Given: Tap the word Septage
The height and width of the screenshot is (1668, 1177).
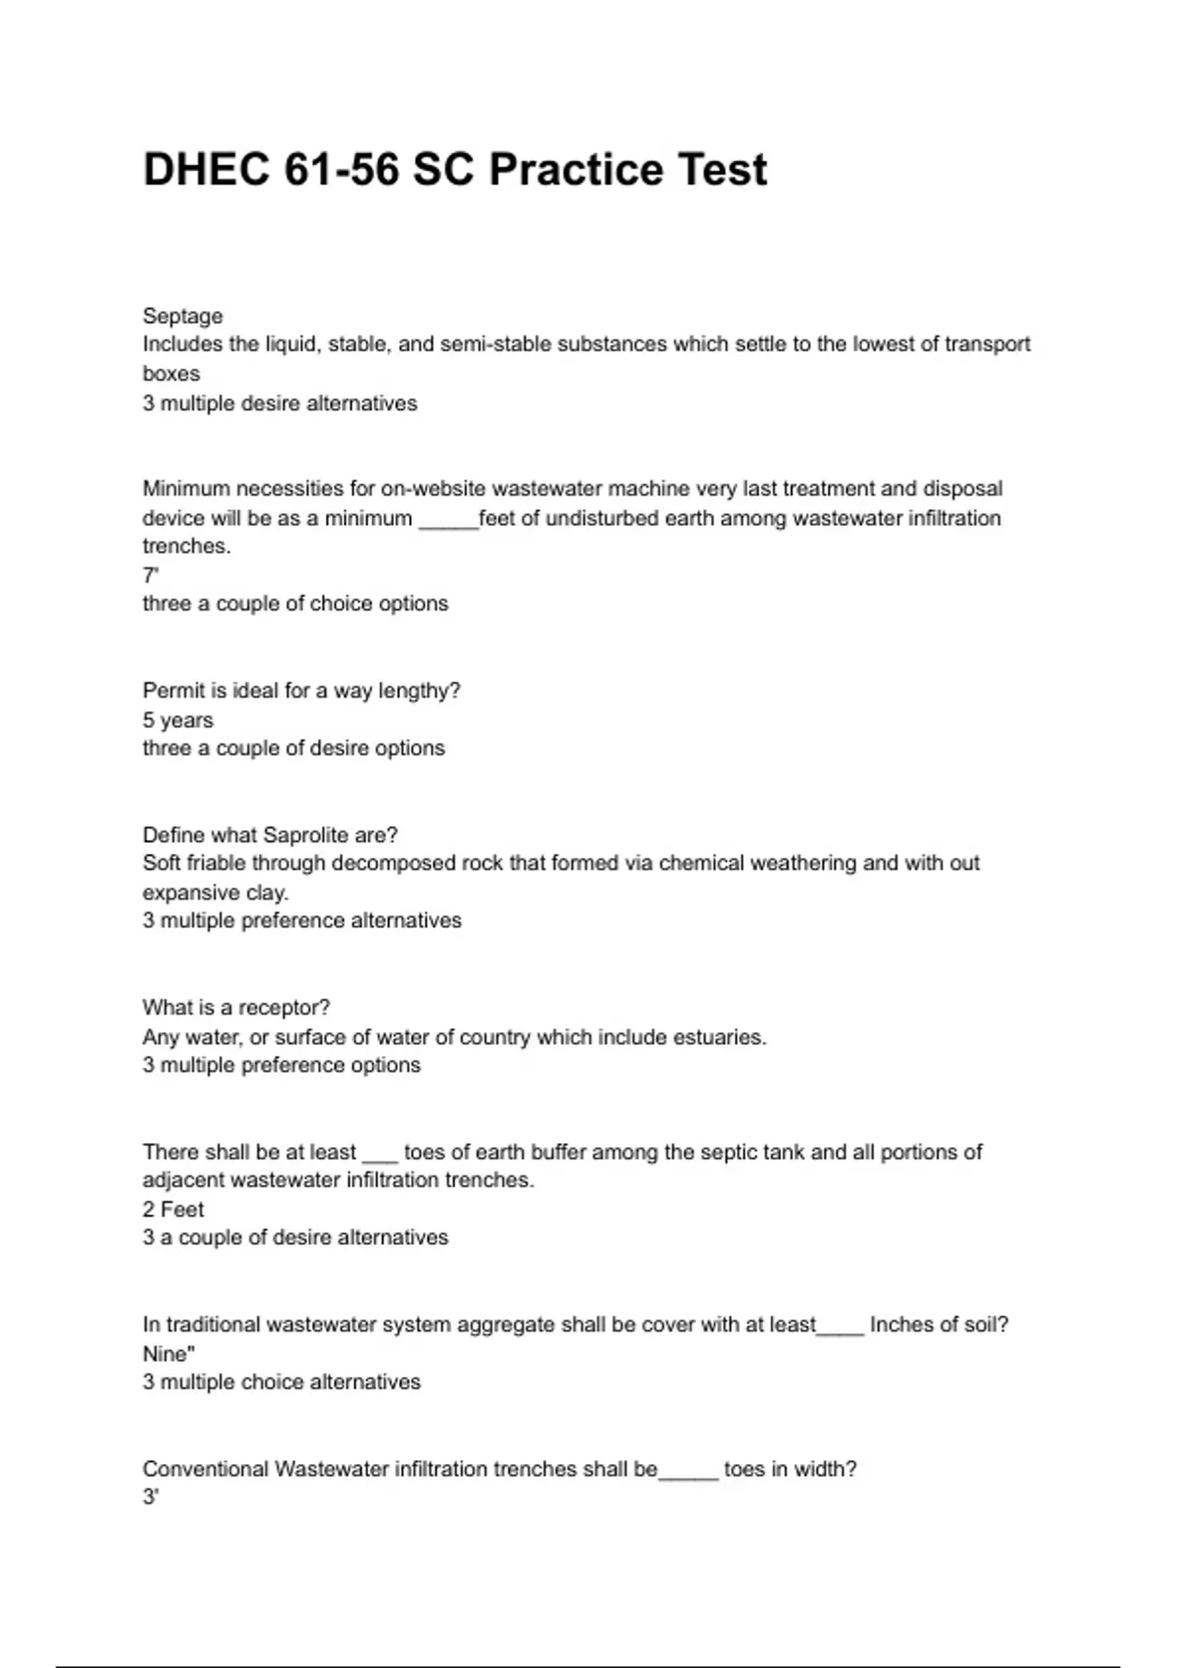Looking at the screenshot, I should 182,316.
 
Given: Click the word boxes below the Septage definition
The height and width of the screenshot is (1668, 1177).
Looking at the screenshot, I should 171,374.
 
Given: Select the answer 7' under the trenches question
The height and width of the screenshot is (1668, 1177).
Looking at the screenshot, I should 150,575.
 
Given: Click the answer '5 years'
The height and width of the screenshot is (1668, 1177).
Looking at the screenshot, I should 178,720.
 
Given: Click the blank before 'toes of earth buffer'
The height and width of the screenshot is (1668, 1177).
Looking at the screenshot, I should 380,1153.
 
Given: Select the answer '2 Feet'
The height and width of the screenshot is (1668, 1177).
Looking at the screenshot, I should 173,1210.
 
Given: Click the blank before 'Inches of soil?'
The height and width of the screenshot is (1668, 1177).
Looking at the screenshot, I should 840,1327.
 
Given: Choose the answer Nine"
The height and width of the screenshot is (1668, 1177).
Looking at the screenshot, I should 169,1354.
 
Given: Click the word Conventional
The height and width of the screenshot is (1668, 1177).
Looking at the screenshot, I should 205,1469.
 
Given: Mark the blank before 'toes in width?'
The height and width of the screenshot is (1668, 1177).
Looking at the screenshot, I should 689,1471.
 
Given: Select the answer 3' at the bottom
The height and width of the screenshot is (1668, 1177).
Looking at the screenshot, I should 150,1497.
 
